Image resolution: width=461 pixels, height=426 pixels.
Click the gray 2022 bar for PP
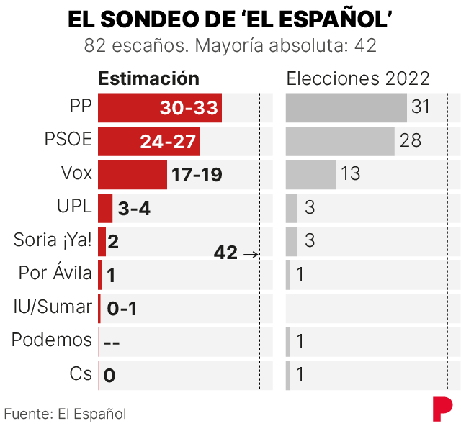click(x=346, y=108)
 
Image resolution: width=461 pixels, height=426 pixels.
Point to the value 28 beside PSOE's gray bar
click(x=411, y=141)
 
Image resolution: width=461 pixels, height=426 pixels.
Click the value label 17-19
click(x=196, y=175)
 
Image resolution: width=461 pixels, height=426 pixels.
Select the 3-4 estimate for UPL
click(x=134, y=209)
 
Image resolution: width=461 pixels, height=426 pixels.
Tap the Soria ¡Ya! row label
click(x=53, y=241)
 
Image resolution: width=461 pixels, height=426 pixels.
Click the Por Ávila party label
click(x=55, y=274)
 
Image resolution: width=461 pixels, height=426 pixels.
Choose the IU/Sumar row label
click(x=53, y=307)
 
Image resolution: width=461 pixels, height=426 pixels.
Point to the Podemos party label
click(x=52, y=340)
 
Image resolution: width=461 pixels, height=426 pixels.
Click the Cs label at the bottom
click(x=81, y=374)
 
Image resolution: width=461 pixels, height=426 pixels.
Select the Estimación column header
click(x=148, y=78)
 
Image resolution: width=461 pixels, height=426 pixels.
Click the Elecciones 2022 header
click(x=358, y=78)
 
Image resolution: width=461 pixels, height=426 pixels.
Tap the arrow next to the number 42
click(x=250, y=253)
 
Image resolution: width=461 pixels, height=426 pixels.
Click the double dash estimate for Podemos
click(x=112, y=342)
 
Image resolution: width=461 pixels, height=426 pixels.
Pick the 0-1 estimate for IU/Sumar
click(x=122, y=309)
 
